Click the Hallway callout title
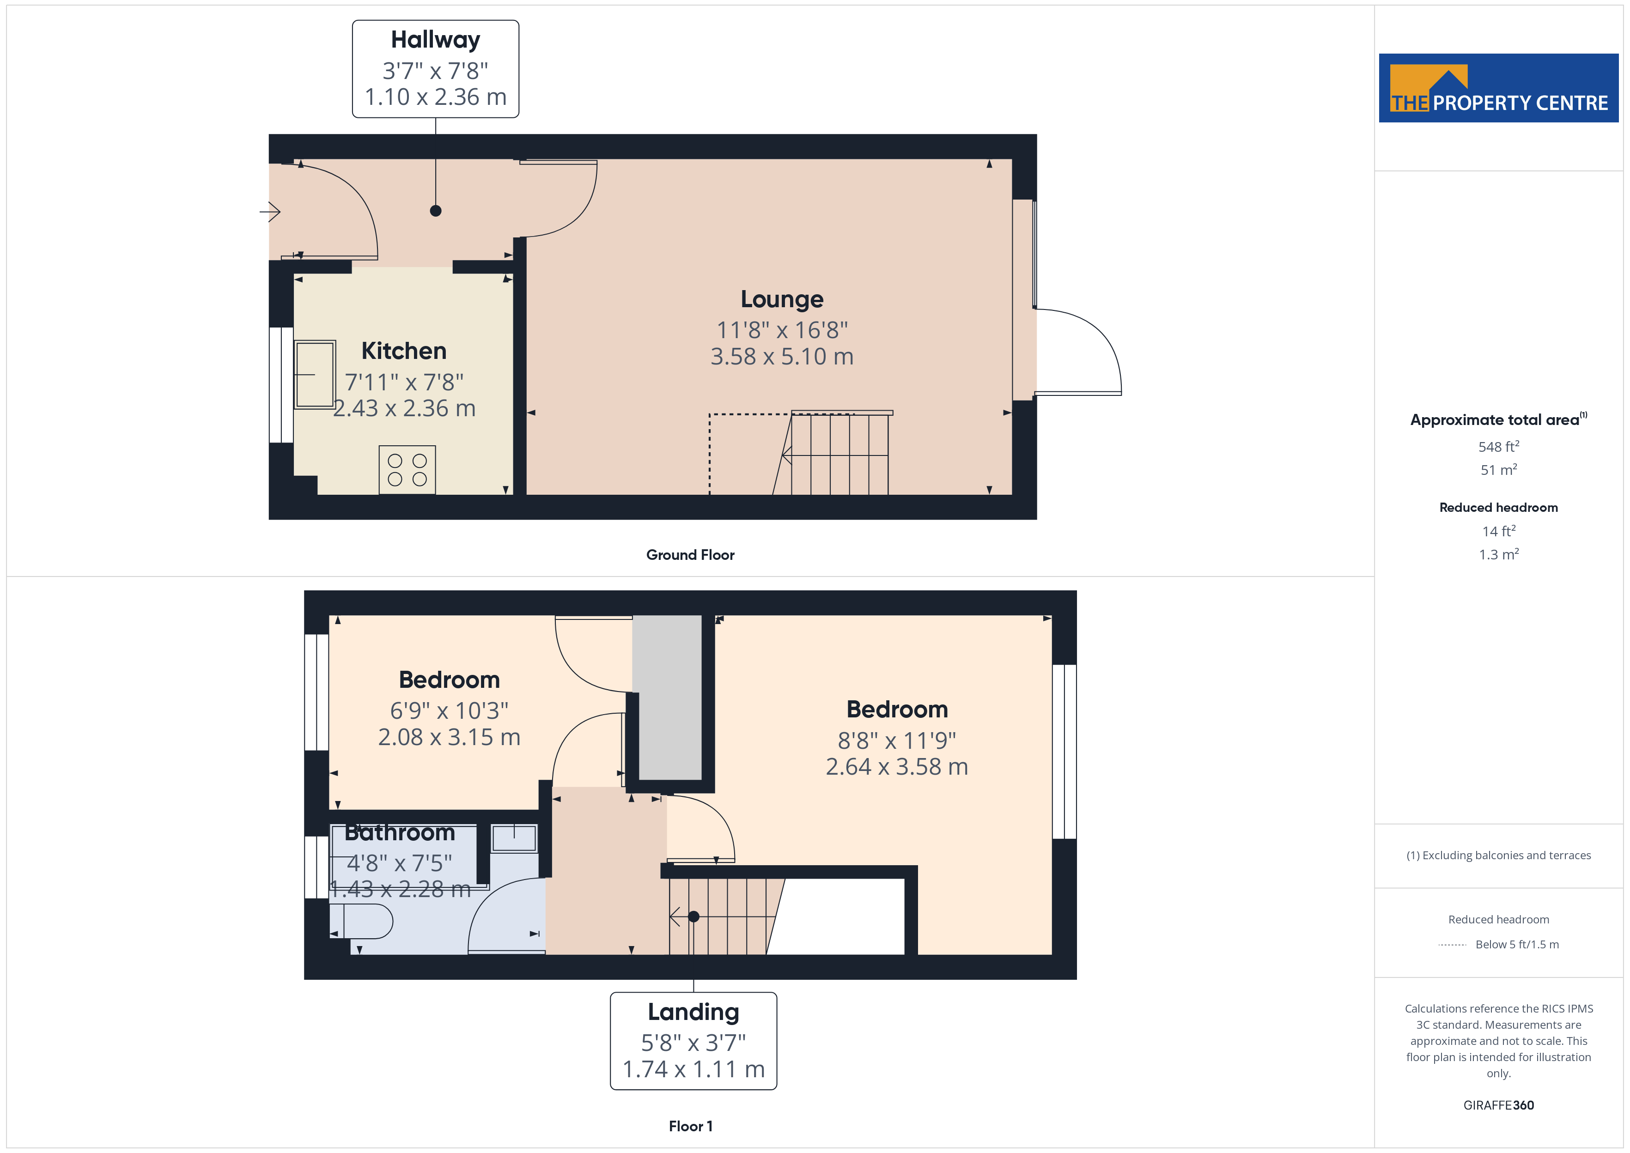435,40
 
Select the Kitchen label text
404,351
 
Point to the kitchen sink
315,374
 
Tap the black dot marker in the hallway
436,211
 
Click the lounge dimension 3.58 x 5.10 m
782,357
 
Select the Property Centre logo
1498,88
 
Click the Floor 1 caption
690,1126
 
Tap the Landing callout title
693,1012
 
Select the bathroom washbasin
514,838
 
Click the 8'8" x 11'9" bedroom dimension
897,740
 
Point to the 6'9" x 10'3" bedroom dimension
450,710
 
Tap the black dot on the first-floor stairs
693,916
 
